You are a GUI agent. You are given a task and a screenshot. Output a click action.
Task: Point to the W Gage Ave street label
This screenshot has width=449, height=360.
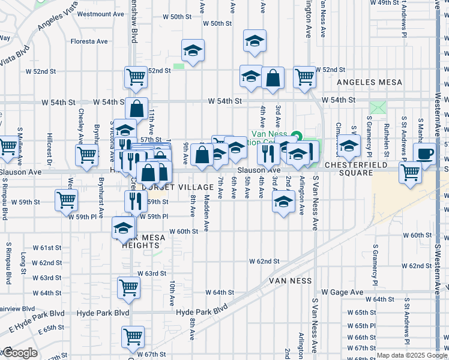pyautogui.click(x=343, y=292)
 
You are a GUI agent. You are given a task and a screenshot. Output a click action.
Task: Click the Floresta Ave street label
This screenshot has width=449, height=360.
pyautogui.click(x=89, y=41)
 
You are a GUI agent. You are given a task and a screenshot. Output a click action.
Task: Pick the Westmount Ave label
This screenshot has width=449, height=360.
pyautogui.click(x=101, y=13)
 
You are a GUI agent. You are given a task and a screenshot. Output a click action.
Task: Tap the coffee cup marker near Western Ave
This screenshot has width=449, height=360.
pyautogui.click(x=424, y=153)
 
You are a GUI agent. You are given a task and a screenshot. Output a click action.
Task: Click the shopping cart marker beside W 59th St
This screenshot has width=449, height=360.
pyautogui.click(x=66, y=199)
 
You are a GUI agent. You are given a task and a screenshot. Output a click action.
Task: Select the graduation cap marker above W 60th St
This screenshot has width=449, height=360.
pyautogui.click(x=124, y=227)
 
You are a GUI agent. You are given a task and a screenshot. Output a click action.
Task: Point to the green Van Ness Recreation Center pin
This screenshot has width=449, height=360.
pyautogui.click(x=295, y=135)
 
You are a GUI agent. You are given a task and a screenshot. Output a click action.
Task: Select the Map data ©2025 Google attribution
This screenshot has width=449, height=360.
pyautogui.click(x=412, y=355)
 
